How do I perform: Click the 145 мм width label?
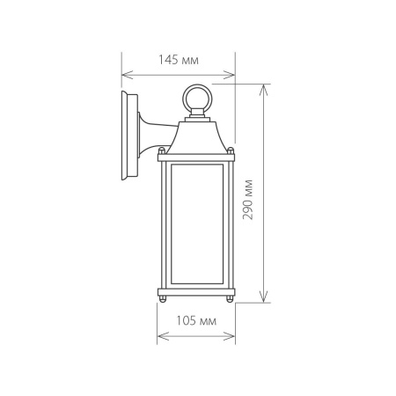[x=178, y=61]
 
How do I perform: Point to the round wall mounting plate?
[x=129, y=135]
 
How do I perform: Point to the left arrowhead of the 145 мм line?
[x=124, y=74]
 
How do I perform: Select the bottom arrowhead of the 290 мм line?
[x=263, y=299]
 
